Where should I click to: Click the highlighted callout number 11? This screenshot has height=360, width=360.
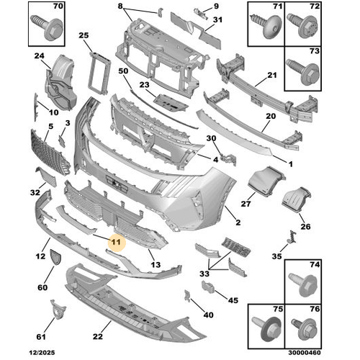pos(115,243)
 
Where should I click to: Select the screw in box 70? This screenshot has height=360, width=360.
pos(45,26)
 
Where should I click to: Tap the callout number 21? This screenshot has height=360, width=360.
pos(272,76)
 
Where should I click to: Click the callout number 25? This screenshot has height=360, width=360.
pos(84,35)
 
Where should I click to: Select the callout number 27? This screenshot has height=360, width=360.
pos(246,204)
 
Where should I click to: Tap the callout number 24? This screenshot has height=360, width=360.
pos(38,57)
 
